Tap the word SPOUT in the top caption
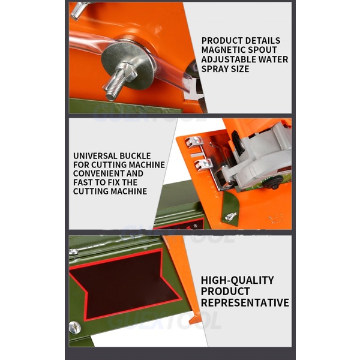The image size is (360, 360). [x=258, y=50]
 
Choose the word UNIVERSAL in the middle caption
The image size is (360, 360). [x=95, y=156]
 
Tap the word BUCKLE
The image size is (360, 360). [x=135, y=156]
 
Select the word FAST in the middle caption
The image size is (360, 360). [x=83, y=182]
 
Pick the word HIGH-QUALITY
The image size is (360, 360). [x=238, y=280]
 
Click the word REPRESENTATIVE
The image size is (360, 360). [x=245, y=302]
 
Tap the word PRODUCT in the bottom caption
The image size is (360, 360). [x=225, y=291]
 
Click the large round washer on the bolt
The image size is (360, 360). [x=128, y=65]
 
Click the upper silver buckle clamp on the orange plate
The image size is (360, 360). [x=194, y=141]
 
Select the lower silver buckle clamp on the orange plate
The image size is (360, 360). [x=203, y=164]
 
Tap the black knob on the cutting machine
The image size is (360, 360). [x=275, y=182]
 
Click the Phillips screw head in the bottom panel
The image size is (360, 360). [x=75, y=328]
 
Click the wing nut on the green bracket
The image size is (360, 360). [x=230, y=217]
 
